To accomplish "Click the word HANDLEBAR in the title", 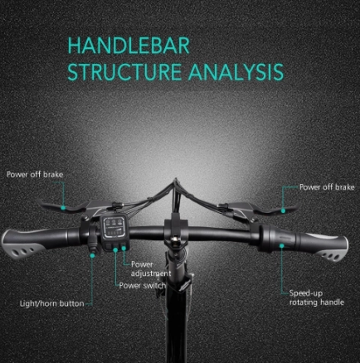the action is click(129, 46).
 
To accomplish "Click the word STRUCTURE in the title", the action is click(124, 72).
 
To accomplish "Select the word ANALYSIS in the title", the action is click(236, 72).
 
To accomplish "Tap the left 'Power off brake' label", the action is click(35, 175).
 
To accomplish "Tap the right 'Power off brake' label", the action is click(327, 187).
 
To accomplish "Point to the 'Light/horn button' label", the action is click(52, 303).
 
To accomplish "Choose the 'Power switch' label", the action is click(143, 285).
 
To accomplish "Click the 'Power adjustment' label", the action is click(151, 269).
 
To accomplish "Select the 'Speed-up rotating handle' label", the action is click(317, 298).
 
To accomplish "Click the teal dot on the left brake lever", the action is click(63, 208).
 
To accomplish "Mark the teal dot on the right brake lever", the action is click(283, 211).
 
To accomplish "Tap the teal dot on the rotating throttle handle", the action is click(282, 245).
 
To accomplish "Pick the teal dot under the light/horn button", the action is click(93, 255).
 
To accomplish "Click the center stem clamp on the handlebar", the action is click(176, 231).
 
